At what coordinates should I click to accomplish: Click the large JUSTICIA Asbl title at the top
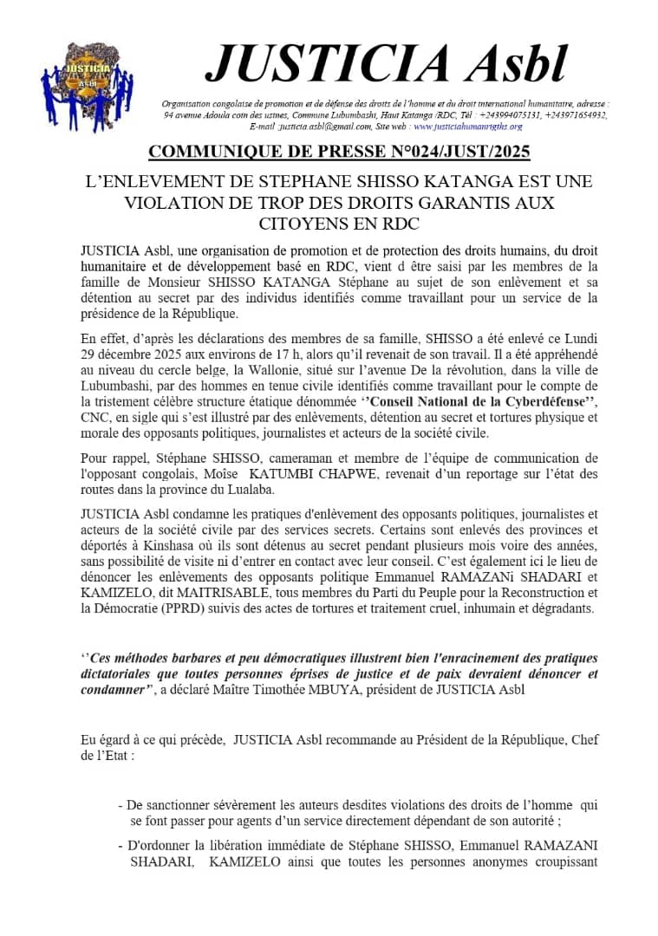click(x=386, y=62)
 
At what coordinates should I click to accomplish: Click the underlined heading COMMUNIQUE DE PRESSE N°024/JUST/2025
click(x=339, y=153)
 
